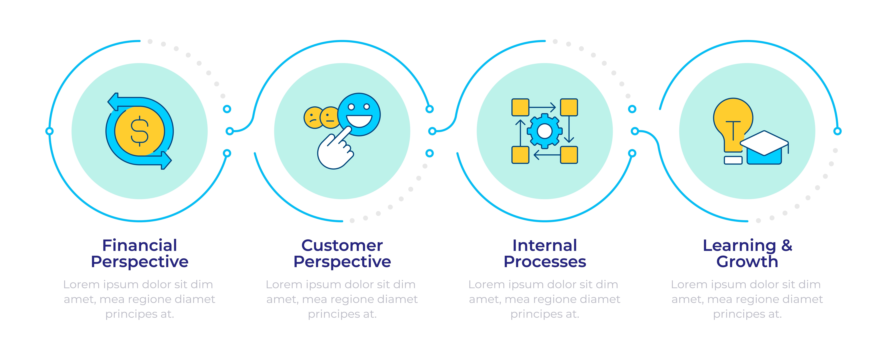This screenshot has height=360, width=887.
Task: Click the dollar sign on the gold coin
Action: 140,131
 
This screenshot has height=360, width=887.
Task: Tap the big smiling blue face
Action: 359,114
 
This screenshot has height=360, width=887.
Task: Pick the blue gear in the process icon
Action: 544,131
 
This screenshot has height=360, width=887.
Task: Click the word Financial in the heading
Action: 140,245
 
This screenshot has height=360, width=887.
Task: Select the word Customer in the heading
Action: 342,245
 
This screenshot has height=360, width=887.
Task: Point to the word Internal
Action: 544,245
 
